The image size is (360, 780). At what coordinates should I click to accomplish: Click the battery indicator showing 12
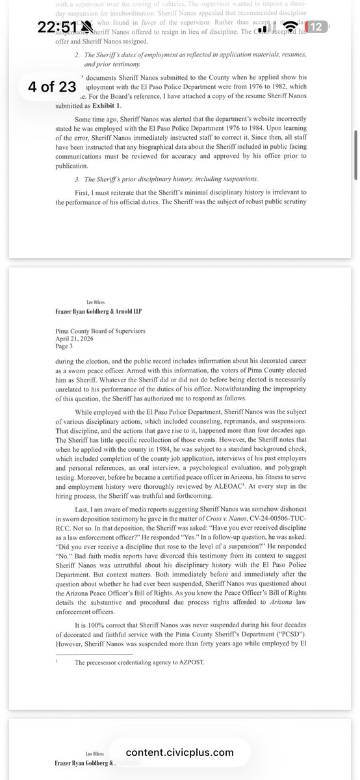pyautogui.click(x=318, y=27)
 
